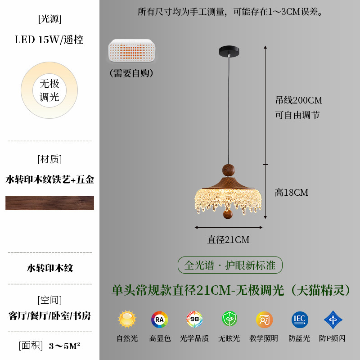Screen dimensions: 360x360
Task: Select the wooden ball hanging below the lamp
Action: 229,214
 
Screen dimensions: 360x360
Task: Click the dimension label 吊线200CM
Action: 298,100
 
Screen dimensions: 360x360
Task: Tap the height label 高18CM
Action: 292,193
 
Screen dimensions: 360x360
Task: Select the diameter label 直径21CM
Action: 228,240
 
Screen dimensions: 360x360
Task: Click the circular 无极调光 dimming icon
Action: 49,90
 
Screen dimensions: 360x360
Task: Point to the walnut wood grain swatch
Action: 49,203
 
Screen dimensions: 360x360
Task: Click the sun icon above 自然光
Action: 127,319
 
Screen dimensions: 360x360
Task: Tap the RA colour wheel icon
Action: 160,319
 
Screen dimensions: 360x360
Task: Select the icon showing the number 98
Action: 194,319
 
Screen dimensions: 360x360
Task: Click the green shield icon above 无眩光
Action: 229,319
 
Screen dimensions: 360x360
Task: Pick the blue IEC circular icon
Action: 300,319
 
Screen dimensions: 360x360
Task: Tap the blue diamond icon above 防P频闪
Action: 333,319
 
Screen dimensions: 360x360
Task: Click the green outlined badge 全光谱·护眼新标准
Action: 229,265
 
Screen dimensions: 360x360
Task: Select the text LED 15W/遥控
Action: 49,40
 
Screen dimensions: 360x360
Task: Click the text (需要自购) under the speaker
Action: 131,73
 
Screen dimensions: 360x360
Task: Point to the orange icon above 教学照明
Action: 264,319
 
